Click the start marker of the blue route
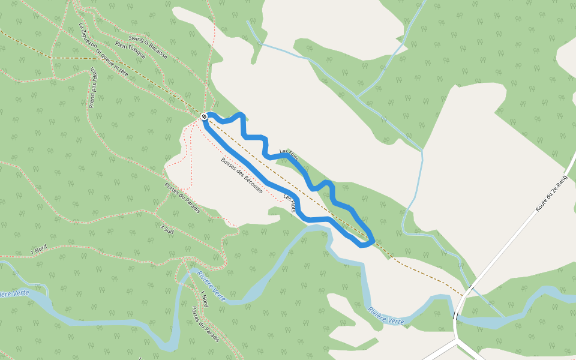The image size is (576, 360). pos(205,116)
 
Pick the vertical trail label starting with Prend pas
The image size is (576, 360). pos(92,88)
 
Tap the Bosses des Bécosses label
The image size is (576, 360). pos(241,175)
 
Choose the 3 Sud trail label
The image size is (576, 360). pos(167,228)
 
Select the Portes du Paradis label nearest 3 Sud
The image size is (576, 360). pos(181,194)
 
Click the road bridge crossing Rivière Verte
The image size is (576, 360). pos(456,315)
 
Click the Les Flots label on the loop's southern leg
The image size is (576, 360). pos(290,203)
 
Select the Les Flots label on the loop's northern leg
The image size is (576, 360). pos(290,155)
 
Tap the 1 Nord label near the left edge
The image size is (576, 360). pos(40,249)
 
